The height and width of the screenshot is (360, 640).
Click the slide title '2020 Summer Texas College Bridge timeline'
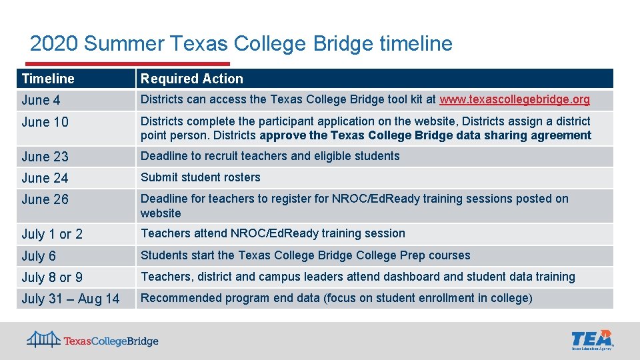241,44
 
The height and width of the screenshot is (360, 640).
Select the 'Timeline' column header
48,79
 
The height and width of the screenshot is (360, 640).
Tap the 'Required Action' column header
192,79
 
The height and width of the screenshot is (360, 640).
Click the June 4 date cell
41,101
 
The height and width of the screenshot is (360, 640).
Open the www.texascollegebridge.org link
515,100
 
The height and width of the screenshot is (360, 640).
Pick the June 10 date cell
45,122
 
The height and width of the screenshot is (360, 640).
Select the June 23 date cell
45,157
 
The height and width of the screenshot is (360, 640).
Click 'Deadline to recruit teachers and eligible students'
270,156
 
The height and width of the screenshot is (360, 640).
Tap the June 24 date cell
45,178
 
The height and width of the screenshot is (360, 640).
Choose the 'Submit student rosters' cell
200,177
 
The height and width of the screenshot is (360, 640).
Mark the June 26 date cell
45,199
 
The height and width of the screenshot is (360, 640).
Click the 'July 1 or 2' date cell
52,234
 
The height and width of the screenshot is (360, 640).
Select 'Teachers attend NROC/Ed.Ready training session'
273,233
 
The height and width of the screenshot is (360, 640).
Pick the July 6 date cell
39,256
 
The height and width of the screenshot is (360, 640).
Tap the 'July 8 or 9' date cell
52,277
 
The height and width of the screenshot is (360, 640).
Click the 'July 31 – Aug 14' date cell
71,299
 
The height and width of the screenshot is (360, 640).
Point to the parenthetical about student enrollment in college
428,298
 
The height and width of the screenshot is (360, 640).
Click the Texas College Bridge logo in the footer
93,341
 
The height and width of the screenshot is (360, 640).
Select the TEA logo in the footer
592,339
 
